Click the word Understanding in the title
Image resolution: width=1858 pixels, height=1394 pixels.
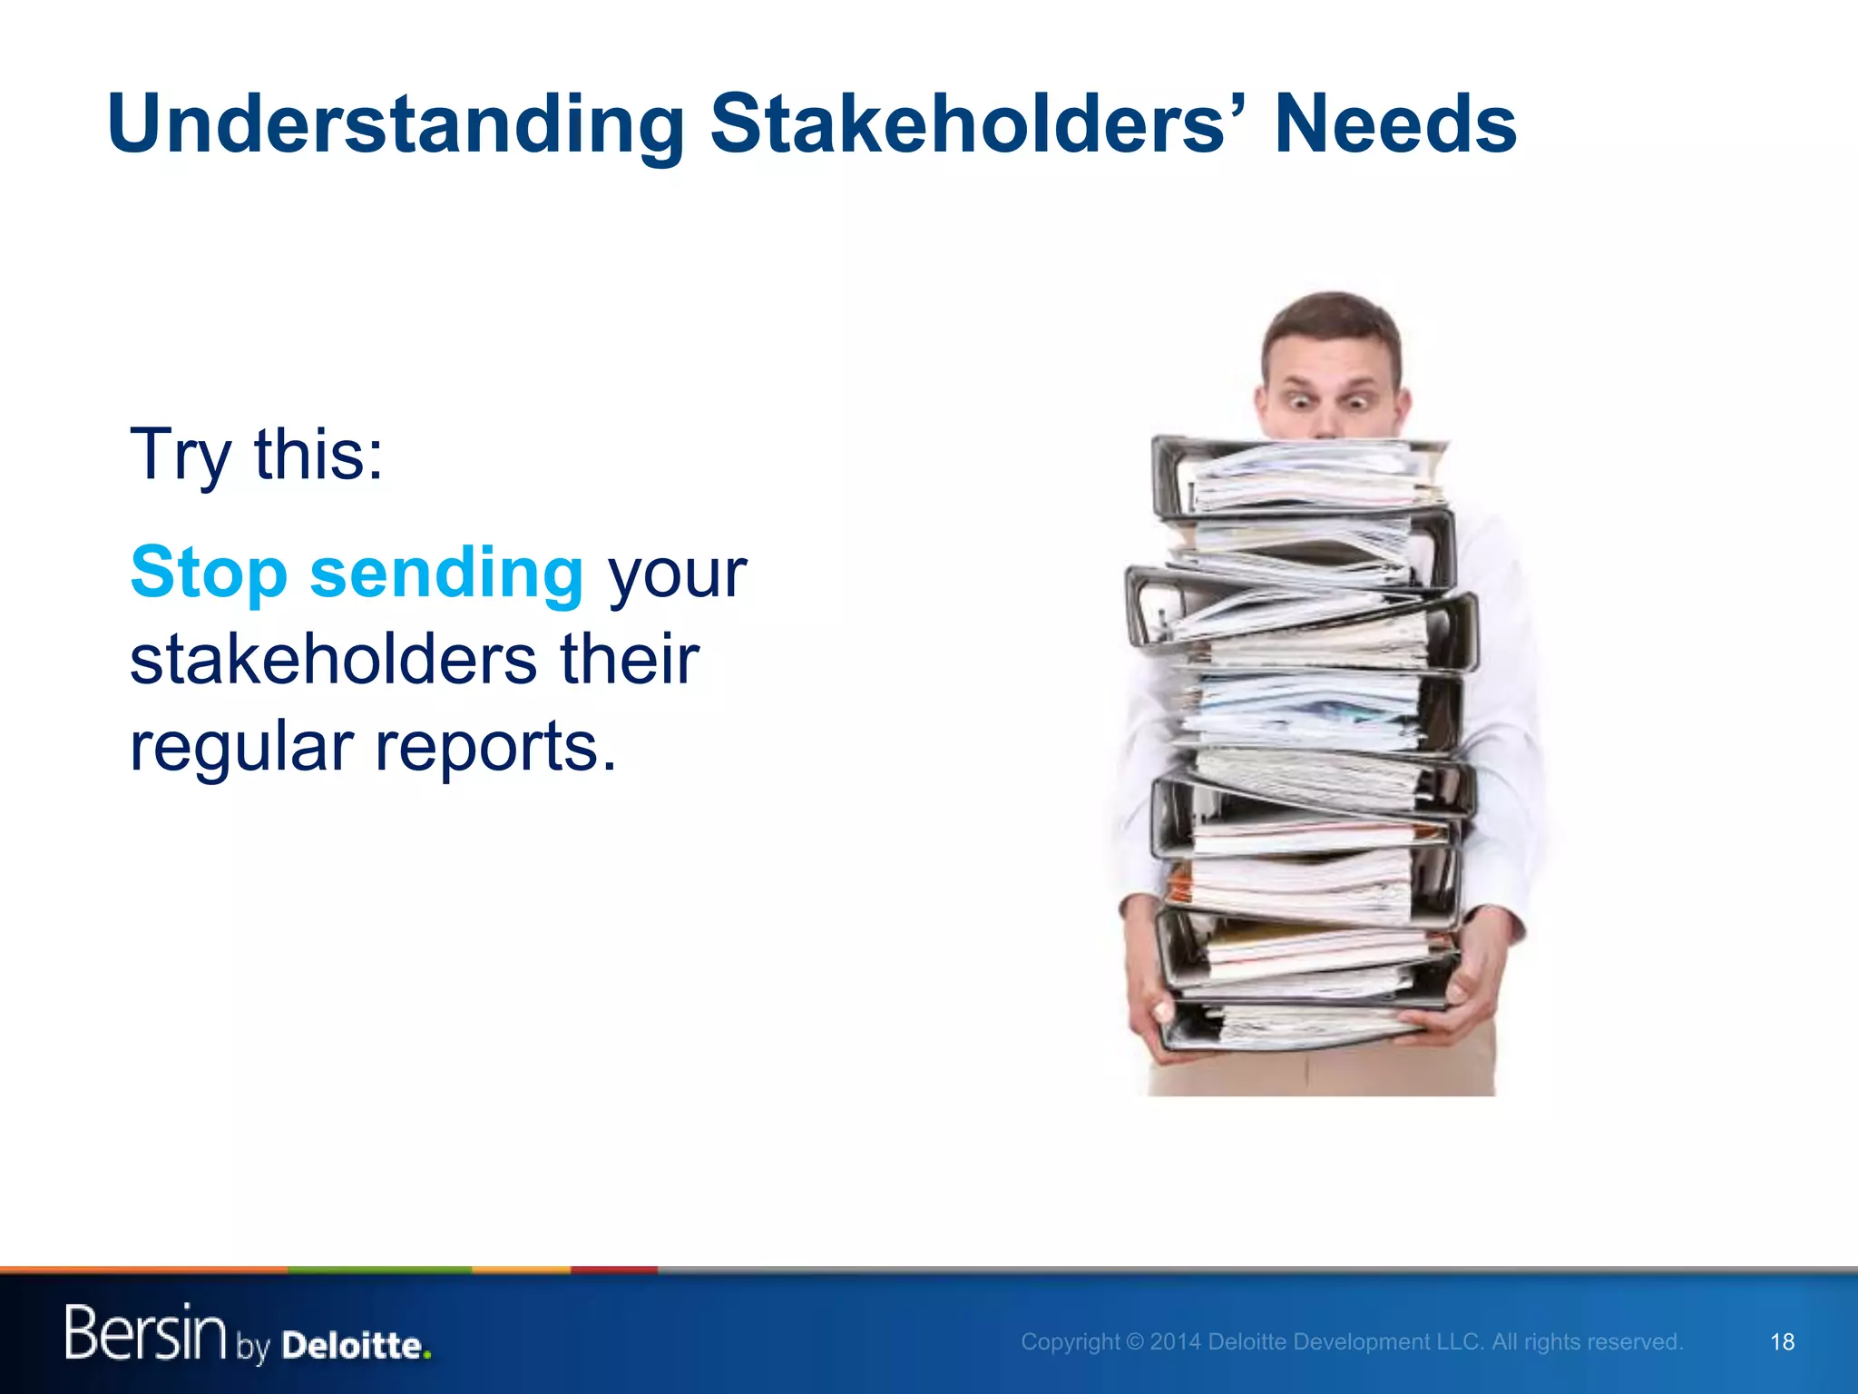396,125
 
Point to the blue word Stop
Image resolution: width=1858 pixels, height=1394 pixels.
210,573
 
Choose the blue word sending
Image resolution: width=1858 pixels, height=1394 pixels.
446,574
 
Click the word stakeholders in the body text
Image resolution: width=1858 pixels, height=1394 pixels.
333,660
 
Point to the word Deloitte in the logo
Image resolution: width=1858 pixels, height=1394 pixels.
355,1345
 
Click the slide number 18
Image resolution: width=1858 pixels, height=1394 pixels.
1782,1342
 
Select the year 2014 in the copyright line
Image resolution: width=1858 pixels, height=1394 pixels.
1175,1342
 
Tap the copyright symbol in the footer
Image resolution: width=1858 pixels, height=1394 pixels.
1134,1342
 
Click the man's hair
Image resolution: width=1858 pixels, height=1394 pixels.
1332,318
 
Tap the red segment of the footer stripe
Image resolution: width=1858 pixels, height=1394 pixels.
613,1270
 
